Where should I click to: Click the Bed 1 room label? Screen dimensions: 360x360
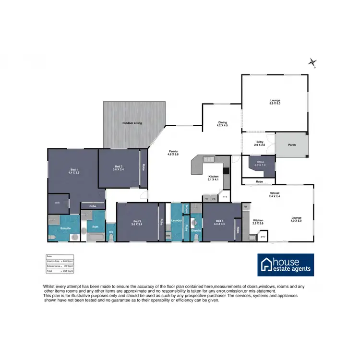pos(74,171)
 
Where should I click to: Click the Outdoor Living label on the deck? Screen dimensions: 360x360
pos(132,123)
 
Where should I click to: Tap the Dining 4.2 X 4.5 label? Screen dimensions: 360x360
pos(222,124)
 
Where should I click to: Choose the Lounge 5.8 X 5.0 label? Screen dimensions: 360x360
pos(275,102)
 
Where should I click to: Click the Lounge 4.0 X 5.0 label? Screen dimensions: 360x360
pos(296,219)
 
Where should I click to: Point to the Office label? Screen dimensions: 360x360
pos(260,163)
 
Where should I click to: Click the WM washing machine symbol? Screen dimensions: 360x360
pos(168,236)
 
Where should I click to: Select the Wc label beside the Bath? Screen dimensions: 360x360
pos(110,233)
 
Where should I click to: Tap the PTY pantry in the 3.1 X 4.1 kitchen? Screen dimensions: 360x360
pos(224,197)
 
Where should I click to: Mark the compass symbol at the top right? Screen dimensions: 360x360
pos(313,62)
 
